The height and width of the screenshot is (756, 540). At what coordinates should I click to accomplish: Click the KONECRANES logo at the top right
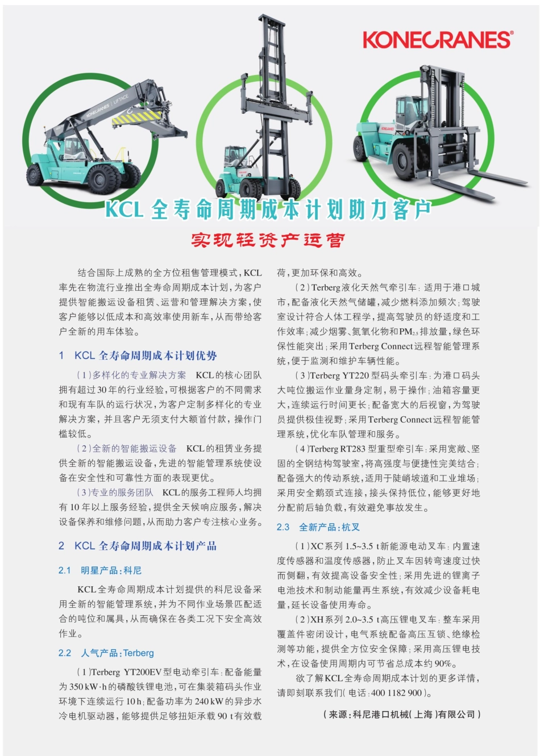click(x=437, y=40)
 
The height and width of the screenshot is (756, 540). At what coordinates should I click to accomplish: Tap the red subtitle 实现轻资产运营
click(x=268, y=240)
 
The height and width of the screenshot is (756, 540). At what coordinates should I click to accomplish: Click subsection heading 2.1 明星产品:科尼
click(x=100, y=570)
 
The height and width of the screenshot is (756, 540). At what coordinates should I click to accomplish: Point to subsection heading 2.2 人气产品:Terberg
click(x=106, y=653)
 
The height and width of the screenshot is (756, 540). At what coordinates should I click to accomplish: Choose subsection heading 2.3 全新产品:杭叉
click(x=318, y=527)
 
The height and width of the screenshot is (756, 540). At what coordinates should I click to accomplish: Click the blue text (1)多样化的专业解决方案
click(x=131, y=375)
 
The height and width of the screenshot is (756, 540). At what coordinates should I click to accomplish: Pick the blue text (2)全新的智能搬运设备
click(x=127, y=449)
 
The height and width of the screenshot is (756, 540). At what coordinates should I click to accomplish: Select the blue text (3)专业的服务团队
click(x=115, y=492)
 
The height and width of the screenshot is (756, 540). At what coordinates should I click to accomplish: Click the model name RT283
click(x=352, y=449)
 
